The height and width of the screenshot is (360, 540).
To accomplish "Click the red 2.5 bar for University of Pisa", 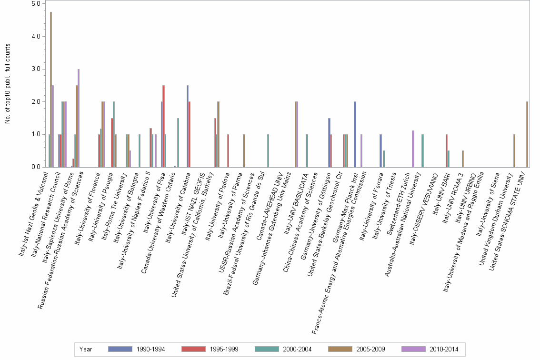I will (164, 126).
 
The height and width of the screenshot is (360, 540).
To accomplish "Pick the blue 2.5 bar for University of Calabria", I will (188, 126).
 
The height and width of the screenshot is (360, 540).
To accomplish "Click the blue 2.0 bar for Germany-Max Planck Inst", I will (355, 134).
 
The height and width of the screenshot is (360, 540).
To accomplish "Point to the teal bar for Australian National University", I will (423, 150).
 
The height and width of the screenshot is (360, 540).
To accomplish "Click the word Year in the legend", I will (86, 349).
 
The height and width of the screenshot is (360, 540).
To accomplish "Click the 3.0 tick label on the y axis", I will (36, 69).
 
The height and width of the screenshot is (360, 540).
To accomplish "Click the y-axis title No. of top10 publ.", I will (8, 83).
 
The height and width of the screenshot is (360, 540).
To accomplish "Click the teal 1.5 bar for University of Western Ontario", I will (178, 142).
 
